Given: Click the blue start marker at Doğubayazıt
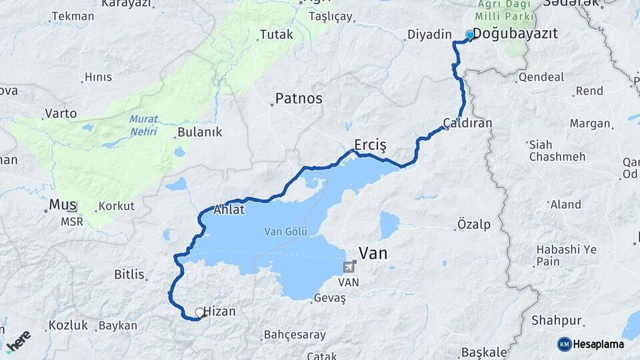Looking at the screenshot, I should pos(470,35).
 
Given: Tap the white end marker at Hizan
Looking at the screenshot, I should pos(199,312).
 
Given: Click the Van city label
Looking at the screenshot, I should pos(373,253).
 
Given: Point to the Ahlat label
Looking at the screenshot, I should pos(229,209).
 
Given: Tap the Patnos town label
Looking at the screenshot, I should pos(299,99).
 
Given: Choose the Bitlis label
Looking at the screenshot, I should pos(129,274).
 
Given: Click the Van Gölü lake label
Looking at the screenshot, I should pos(286,232).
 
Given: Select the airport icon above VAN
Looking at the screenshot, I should pos(349,268).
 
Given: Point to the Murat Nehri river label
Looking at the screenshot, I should pos(143,125).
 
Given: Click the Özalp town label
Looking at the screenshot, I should pos(474,224).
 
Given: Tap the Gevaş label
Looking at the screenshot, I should pos(329,299).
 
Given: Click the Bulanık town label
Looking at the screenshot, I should pos(199,132).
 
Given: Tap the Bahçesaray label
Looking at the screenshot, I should pos(295,335).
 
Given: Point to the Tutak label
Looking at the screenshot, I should pos(276,34).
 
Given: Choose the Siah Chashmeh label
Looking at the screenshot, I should pos(557,151).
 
